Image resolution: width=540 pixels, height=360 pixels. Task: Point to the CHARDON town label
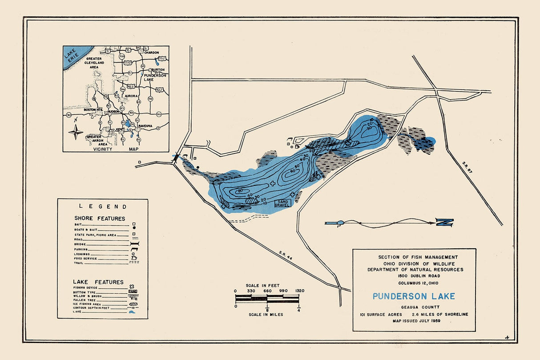[x=151, y=53]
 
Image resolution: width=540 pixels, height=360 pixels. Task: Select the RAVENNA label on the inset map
[x=145, y=126]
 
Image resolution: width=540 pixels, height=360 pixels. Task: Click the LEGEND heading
[x=103, y=206]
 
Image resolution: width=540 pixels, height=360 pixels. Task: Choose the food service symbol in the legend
[x=133, y=259]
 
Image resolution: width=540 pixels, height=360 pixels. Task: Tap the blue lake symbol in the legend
[x=132, y=313]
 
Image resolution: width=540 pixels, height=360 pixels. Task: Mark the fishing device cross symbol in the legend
[x=132, y=287]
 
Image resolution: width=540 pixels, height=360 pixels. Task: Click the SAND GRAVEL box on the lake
[x=282, y=203]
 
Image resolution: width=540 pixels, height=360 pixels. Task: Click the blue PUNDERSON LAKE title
[x=414, y=296]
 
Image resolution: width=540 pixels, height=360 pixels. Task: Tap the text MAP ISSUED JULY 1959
[x=414, y=321]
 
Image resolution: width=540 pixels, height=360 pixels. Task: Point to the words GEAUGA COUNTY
[x=414, y=307]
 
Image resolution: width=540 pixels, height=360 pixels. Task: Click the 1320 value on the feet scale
[x=299, y=291]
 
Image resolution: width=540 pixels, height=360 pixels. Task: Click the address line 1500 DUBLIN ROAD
[x=414, y=276]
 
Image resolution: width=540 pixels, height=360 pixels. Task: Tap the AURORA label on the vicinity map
[x=131, y=96]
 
